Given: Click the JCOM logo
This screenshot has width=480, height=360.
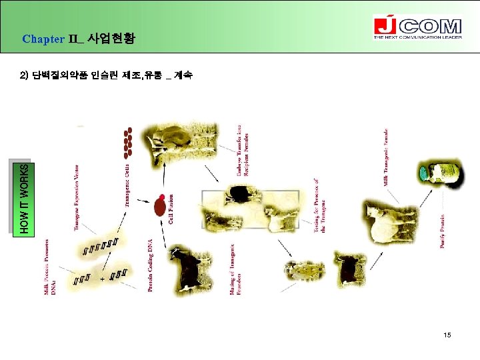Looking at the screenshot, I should [x=417, y=27].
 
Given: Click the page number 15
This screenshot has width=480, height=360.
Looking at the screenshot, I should [x=447, y=335].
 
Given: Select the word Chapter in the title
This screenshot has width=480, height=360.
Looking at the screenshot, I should [x=43, y=39].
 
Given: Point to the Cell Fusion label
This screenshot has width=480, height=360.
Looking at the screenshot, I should [x=171, y=208].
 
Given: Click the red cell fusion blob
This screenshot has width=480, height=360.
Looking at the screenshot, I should [x=160, y=204].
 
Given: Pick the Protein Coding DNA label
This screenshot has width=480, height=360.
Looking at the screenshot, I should [x=151, y=265].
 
